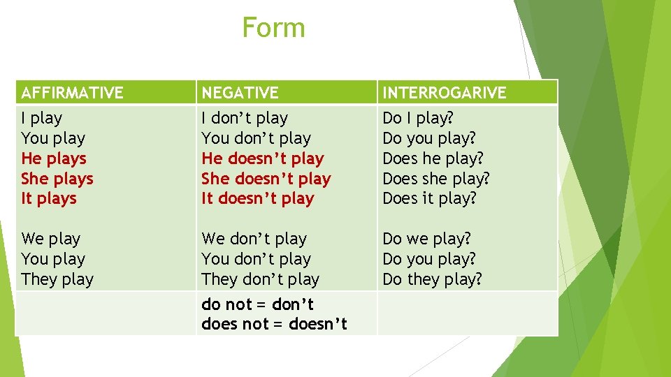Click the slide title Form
click(273, 28)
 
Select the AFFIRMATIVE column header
click(72, 92)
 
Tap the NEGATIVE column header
click(240, 92)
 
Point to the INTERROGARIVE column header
click(444, 92)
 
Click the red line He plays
click(54, 158)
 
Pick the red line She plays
click(57, 179)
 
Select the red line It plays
click(49, 199)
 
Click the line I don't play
click(245, 118)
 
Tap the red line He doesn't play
click(263, 158)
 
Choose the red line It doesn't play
click(258, 199)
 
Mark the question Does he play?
click(433, 158)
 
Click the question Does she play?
click(436, 179)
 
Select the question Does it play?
click(429, 199)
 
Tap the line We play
click(51, 239)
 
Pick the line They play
click(57, 279)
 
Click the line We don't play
click(254, 239)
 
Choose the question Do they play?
click(432, 279)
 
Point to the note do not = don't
click(257, 304)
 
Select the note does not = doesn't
click(274, 324)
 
